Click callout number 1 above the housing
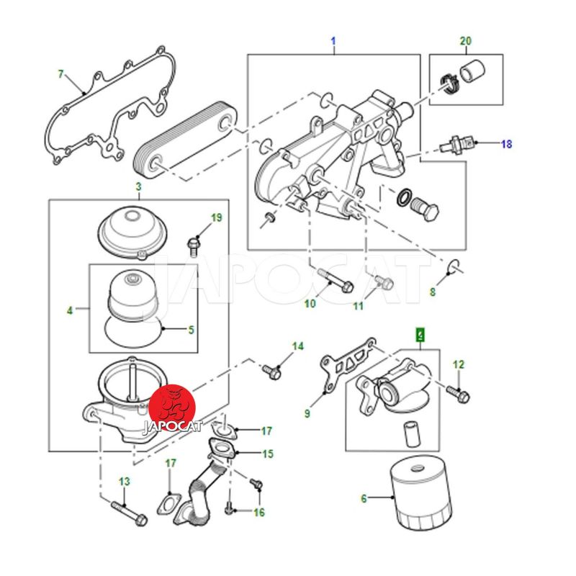click(x=333, y=40)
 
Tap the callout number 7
click(x=61, y=74)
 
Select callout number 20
click(x=466, y=40)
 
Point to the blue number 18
click(x=506, y=144)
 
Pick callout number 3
click(x=138, y=187)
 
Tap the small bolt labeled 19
click(x=192, y=244)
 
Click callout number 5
click(x=191, y=330)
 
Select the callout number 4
click(x=70, y=311)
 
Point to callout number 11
click(x=359, y=306)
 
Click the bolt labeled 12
click(x=458, y=392)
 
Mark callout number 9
click(x=307, y=413)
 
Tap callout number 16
click(x=258, y=512)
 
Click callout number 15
click(x=268, y=454)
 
